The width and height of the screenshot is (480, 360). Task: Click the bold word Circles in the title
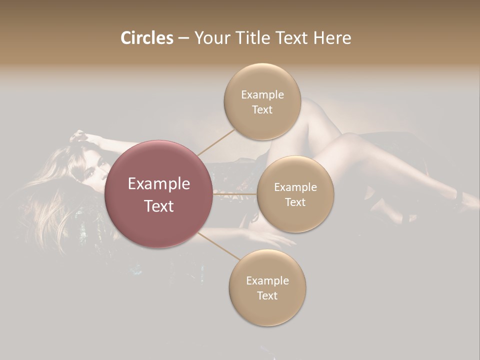pyautogui.click(x=147, y=38)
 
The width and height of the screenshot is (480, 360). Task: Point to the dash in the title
pyautogui.click(x=183, y=38)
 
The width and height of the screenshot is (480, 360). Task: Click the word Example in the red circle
pyautogui.click(x=159, y=184)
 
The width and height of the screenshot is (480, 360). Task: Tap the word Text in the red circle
pyautogui.click(x=159, y=206)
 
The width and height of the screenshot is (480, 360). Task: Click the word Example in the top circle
pyautogui.click(x=262, y=94)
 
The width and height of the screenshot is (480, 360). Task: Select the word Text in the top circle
pyautogui.click(x=262, y=109)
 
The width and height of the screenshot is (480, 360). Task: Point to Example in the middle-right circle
pyautogui.click(x=295, y=187)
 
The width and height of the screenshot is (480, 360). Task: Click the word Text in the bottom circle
pyautogui.click(x=267, y=295)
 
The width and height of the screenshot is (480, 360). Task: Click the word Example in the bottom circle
pyautogui.click(x=267, y=280)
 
